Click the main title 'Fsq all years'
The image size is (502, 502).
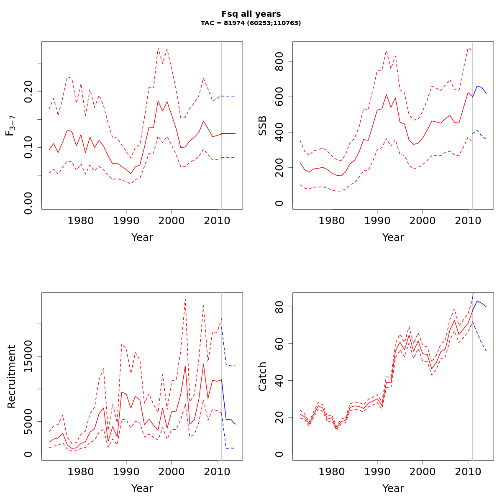[x=251, y=14]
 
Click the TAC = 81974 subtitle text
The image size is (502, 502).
[x=251, y=23]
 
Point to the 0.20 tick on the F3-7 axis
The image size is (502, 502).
[x=28, y=91]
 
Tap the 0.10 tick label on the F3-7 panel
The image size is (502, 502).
[x=28, y=147]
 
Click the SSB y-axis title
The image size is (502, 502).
[x=263, y=125]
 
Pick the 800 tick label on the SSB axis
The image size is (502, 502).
[x=279, y=61]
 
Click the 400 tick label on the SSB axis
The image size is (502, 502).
[x=279, y=132]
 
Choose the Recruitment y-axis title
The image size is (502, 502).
[x=12, y=376]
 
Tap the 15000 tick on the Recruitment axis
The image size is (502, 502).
[x=28, y=356]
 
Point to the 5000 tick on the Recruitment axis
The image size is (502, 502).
[x=28, y=422]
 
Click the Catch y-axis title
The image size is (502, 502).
[x=263, y=376]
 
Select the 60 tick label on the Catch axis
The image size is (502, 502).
[x=279, y=344]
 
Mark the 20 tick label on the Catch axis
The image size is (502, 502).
[x=279, y=417]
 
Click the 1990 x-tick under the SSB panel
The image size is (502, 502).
[x=377, y=220]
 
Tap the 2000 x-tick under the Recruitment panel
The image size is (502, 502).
[x=172, y=471]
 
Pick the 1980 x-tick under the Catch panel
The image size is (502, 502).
[x=332, y=471]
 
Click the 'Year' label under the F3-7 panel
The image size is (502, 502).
[x=142, y=238]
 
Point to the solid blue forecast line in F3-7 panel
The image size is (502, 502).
[x=228, y=133]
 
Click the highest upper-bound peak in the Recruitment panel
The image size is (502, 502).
[x=185, y=299]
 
